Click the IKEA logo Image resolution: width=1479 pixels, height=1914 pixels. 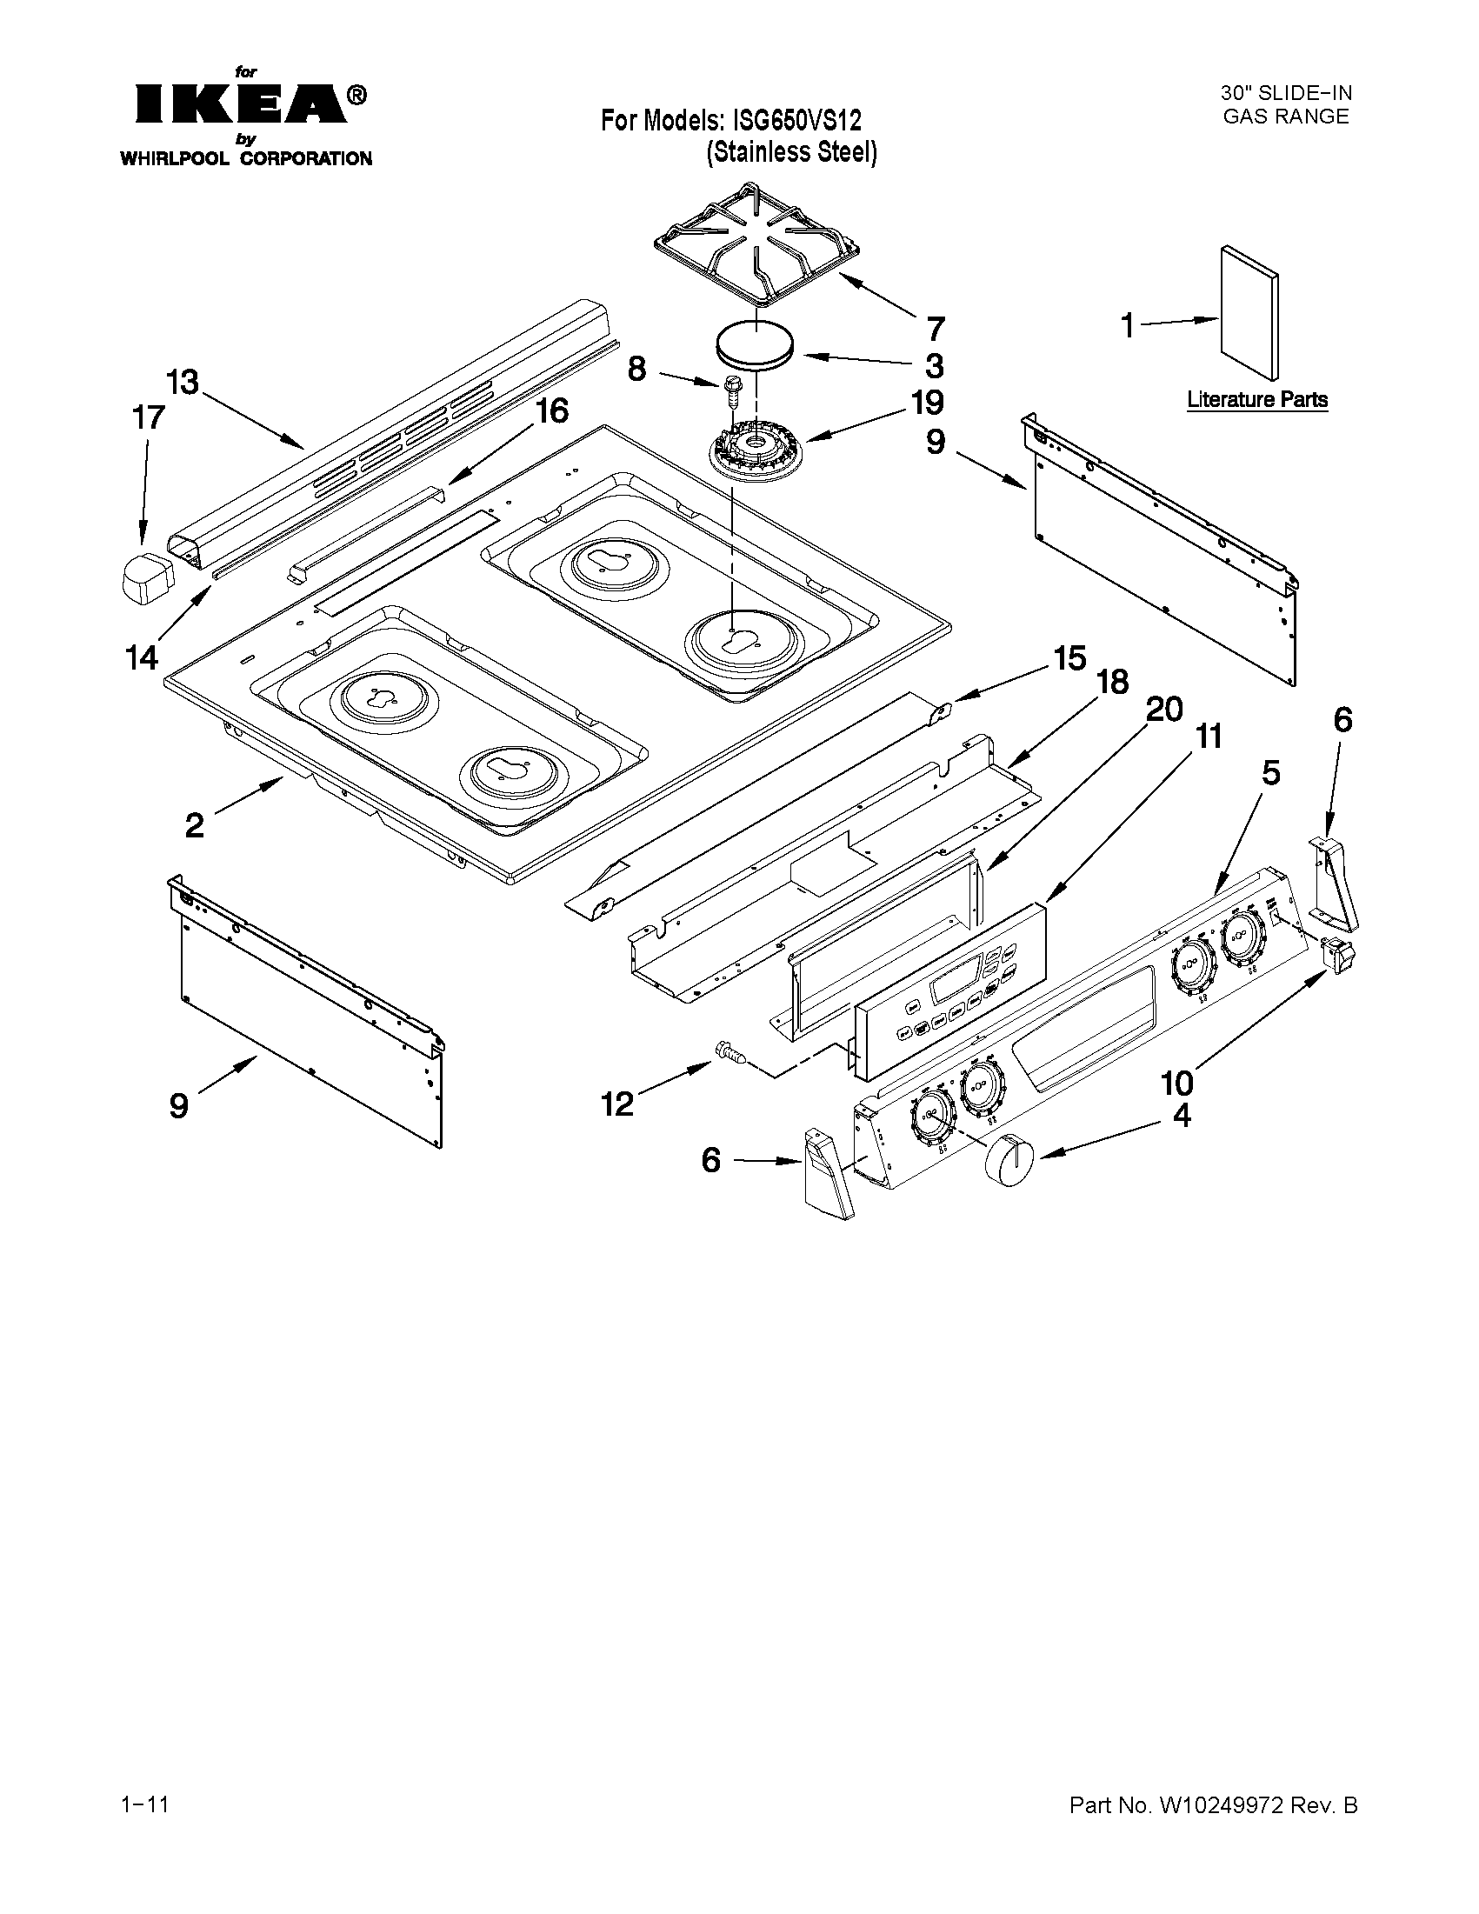[x=250, y=103]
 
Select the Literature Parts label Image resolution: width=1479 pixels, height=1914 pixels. [x=1256, y=400]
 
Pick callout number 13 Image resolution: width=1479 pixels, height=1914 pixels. [x=183, y=382]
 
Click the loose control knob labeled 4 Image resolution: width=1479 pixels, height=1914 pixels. [x=1009, y=1159]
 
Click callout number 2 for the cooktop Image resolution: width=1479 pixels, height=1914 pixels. [x=195, y=824]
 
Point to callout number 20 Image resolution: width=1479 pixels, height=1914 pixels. [x=1164, y=708]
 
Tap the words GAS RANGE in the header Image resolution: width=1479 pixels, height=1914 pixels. [x=1285, y=117]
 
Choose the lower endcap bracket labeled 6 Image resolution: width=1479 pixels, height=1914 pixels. [x=827, y=1173]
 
